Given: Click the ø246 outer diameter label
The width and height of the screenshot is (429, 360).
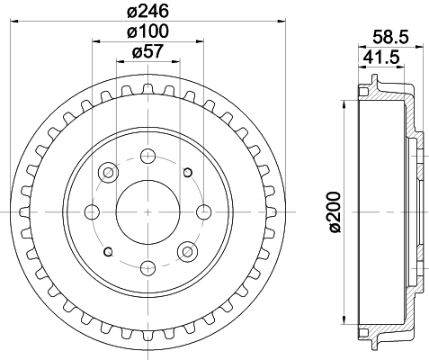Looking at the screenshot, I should pos(148,13).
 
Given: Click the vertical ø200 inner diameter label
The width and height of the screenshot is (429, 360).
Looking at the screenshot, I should pos(334,211).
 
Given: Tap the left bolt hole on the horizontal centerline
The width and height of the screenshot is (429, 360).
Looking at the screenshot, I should pos(92,211).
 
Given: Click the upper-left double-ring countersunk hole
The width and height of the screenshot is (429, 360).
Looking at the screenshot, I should pos(109,172).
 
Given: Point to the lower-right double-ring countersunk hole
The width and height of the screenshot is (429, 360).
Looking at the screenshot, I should pos(188,251).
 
